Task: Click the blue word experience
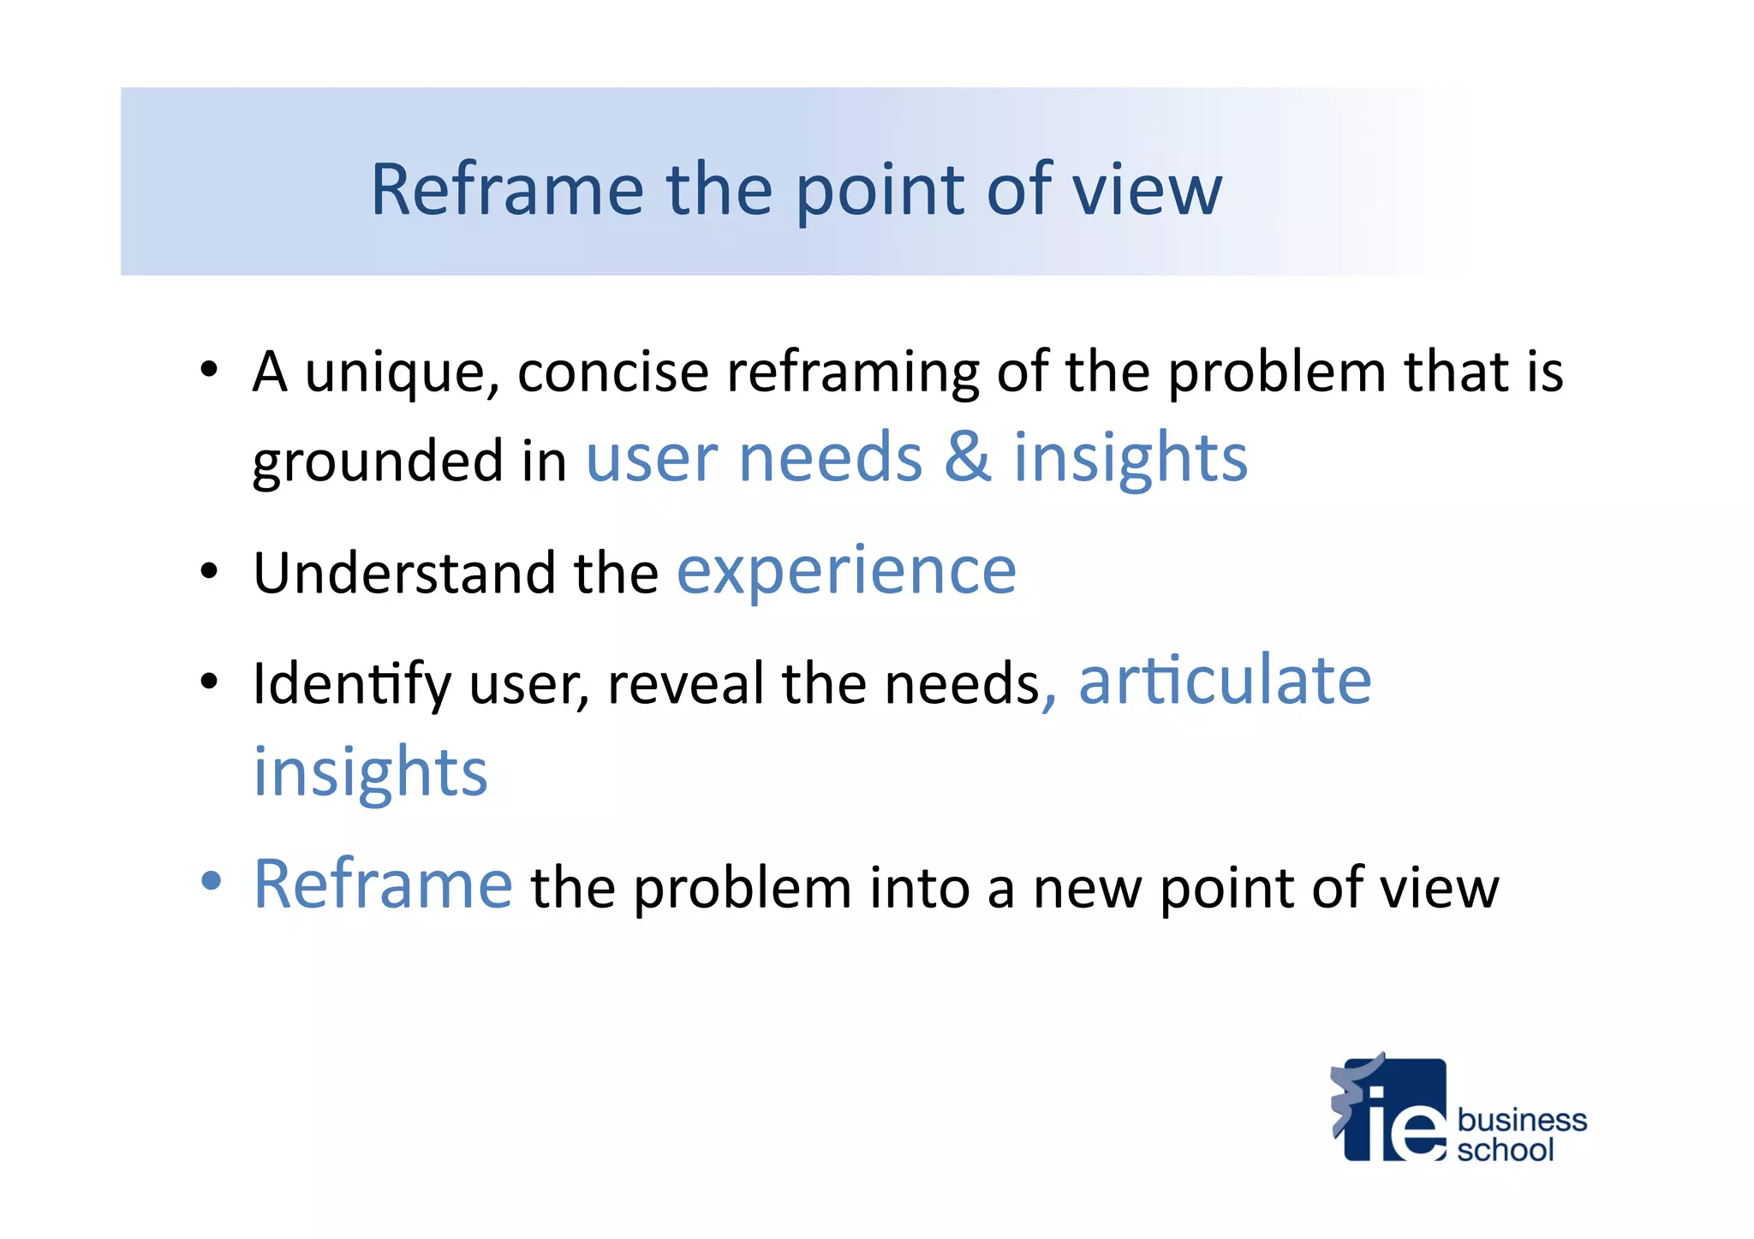pyautogui.click(x=846, y=571)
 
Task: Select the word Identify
pyautogui.click(x=352, y=684)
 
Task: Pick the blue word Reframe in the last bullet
pyautogui.click(x=383, y=885)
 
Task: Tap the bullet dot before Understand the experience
pyautogui.click(x=210, y=570)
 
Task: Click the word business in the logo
pyautogui.click(x=1521, y=1120)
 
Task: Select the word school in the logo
pyautogui.click(x=1505, y=1150)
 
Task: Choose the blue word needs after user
pyautogui.click(x=830, y=458)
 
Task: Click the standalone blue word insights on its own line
pyautogui.click(x=370, y=772)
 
